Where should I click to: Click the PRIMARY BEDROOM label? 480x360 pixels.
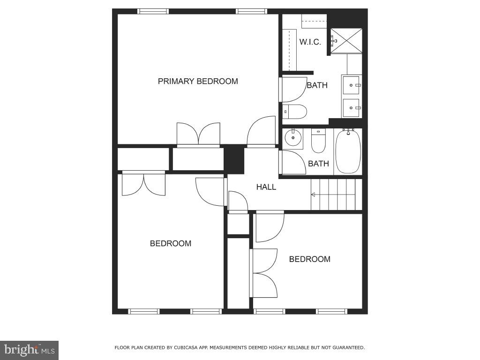pyautogui.click(x=198, y=81)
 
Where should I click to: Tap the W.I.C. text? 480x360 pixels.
pyautogui.click(x=310, y=42)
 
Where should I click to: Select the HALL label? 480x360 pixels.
pyautogui.click(x=266, y=187)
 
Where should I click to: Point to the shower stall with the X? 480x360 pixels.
pyautogui.click(x=346, y=41)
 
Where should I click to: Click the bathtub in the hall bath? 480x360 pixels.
pyautogui.click(x=348, y=152)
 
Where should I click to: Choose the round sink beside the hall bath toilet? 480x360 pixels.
pyautogui.click(x=293, y=138)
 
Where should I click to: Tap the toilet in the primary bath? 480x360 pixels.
pyautogui.click(x=295, y=112)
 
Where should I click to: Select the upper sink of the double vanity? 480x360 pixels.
pyautogui.click(x=351, y=85)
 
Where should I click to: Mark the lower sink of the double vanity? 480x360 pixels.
pyautogui.click(x=351, y=108)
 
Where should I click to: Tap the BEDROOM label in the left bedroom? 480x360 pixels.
pyautogui.click(x=171, y=243)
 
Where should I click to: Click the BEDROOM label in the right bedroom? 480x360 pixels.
pyautogui.click(x=309, y=259)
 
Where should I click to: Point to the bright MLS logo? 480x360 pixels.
pyautogui.click(x=29, y=350)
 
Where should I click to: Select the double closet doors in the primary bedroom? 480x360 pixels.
pyautogui.click(x=198, y=134)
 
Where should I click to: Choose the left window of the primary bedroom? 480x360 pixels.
pyautogui.click(x=153, y=11)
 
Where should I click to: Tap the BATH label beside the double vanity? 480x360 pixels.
pyautogui.click(x=317, y=85)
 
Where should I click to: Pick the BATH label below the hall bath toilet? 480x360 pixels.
pyautogui.click(x=318, y=164)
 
